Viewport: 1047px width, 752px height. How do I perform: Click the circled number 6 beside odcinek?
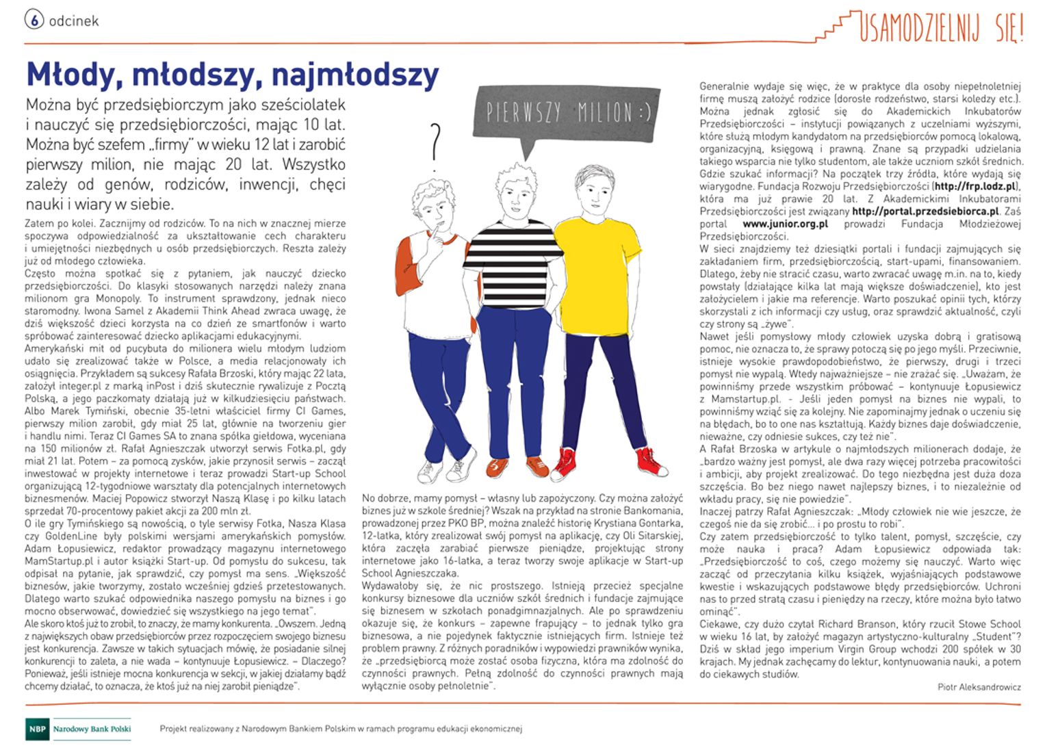(x=34, y=20)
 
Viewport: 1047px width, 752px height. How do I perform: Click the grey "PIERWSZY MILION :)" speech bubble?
(x=568, y=113)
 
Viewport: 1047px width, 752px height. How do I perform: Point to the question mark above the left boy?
(x=435, y=145)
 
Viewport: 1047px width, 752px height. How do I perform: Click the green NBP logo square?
(x=37, y=729)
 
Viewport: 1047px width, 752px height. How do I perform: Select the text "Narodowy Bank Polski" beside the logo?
(x=92, y=729)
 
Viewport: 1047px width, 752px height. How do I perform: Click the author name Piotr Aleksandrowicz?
(x=979, y=687)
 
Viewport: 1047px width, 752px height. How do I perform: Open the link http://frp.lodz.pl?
(x=976, y=186)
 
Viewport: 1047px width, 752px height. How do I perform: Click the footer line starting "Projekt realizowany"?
(x=340, y=729)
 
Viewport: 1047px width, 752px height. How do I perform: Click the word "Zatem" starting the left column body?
(x=38, y=223)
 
